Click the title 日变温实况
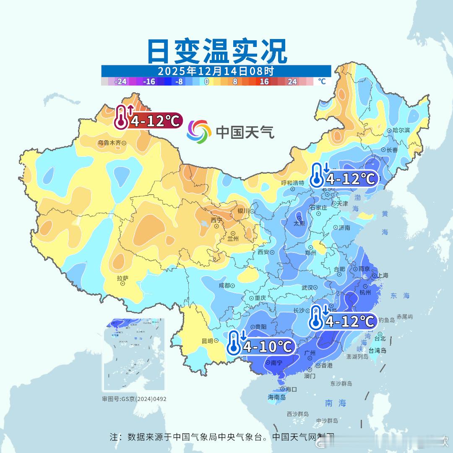(217, 51)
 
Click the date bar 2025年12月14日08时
(216, 71)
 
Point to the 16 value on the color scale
(264, 82)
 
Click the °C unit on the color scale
(322, 81)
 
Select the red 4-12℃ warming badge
(149, 120)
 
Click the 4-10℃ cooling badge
(260, 346)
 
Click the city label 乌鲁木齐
(109, 143)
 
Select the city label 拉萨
(122, 278)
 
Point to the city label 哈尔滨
(401, 130)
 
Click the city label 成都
(224, 285)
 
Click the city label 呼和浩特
(292, 183)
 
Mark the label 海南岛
(276, 397)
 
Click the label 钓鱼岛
(386, 320)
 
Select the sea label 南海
(336, 403)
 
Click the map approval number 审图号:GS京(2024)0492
(134, 399)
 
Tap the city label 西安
(263, 252)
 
